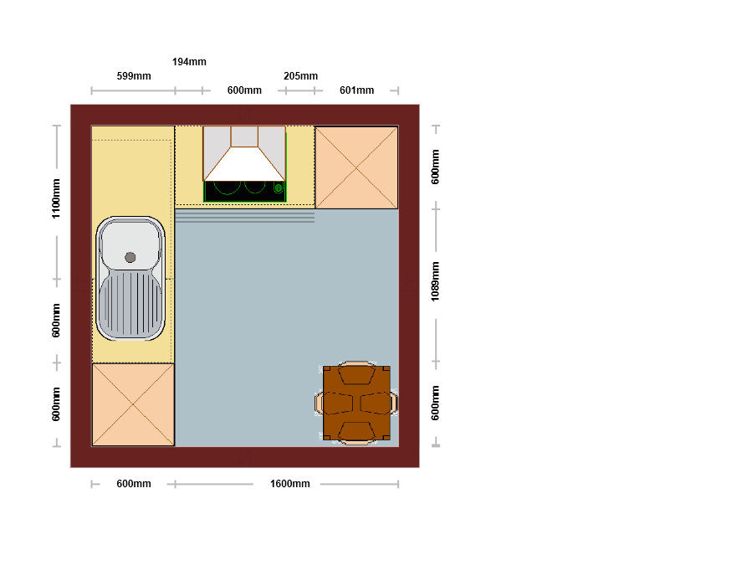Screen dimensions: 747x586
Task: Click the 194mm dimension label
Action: pyautogui.click(x=189, y=62)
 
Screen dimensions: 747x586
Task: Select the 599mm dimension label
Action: pyautogui.click(x=134, y=76)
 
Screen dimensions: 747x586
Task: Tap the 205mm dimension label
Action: pyautogui.click(x=300, y=76)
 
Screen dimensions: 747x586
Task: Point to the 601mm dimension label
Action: pyautogui.click(x=357, y=90)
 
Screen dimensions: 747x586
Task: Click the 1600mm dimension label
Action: pyautogui.click(x=290, y=484)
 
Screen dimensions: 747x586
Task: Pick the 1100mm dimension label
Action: pyautogui.click(x=56, y=199)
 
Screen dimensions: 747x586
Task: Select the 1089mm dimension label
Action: pyautogui.click(x=435, y=282)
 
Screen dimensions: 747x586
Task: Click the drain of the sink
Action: pyautogui.click(x=130, y=258)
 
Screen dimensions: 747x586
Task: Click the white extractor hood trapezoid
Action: pyautogui.click(x=244, y=165)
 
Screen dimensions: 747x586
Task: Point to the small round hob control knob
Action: pyautogui.click(x=279, y=188)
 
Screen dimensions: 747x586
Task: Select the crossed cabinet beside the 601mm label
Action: pyautogui.click(x=356, y=167)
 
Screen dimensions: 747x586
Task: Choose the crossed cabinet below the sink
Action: pyautogui.click(x=133, y=405)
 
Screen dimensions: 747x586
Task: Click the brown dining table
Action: pyautogui.click(x=356, y=403)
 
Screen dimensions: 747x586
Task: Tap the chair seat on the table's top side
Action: pyautogui.click(x=356, y=374)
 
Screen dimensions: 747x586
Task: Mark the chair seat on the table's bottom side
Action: pyautogui.click(x=356, y=431)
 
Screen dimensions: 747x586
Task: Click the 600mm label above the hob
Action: pyautogui.click(x=244, y=90)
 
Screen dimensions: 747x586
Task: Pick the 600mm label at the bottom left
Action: pyautogui.click(x=134, y=484)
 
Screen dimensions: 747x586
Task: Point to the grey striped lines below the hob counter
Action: pyautogui.click(x=244, y=217)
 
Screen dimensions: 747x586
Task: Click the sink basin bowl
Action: pyautogui.click(x=130, y=244)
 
